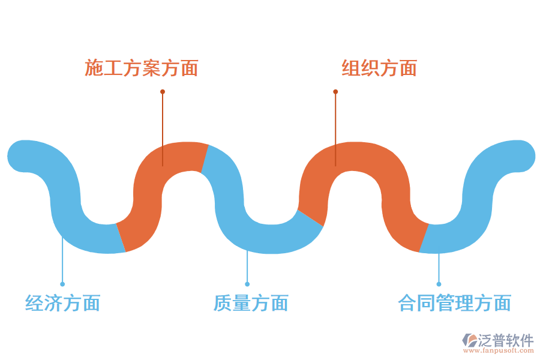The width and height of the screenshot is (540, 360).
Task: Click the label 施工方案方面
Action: [x=141, y=68]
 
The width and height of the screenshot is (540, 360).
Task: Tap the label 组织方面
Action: [x=379, y=68]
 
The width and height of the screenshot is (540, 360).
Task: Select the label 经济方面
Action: [x=62, y=303]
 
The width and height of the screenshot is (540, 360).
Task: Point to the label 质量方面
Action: [x=251, y=303]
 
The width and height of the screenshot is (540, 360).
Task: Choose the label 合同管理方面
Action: [x=454, y=303]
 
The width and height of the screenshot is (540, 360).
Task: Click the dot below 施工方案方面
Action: [x=163, y=92]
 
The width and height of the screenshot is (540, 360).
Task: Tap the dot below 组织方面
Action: [x=335, y=92]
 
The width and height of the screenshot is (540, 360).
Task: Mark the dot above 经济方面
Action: [x=62, y=284]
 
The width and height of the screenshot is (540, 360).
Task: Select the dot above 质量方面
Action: [x=247, y=284]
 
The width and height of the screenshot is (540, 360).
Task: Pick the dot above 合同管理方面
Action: [x=439, y=284]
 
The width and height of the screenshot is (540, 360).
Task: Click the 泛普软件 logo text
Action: [x=505, y=340]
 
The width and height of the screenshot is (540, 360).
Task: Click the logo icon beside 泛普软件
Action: [x=469, y=340]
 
